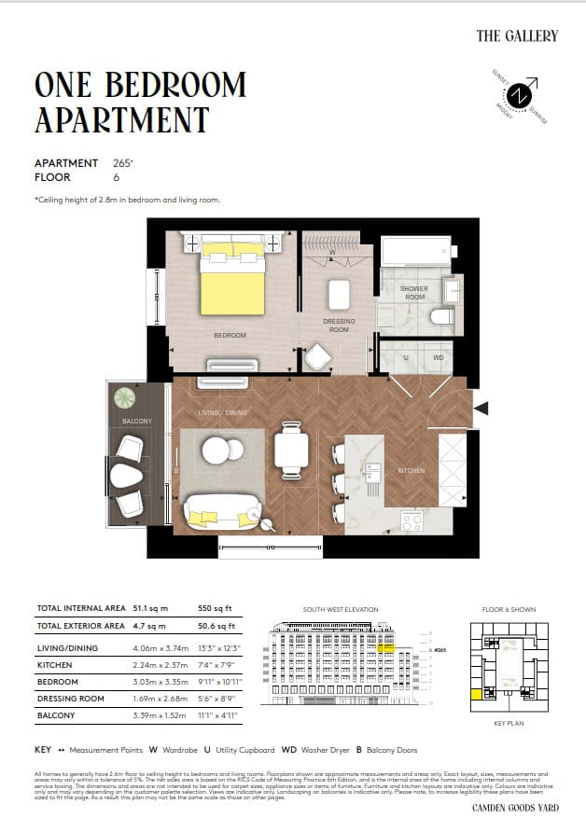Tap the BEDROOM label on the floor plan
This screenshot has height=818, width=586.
tap(230, 335)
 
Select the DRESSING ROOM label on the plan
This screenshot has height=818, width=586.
tap(339, 326)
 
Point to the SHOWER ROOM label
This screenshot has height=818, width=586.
tap(414, 293)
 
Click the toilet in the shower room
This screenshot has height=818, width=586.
tap(442, 316)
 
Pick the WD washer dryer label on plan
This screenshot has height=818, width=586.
tap(438, 357)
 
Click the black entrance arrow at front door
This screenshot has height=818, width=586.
tap(481, 407)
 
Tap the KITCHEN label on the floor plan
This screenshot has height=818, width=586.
tap(411, 471)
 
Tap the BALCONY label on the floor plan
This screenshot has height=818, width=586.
tap(136, 422)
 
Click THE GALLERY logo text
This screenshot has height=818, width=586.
tap(517, 35)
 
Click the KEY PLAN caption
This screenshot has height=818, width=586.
tap(509, 722)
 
